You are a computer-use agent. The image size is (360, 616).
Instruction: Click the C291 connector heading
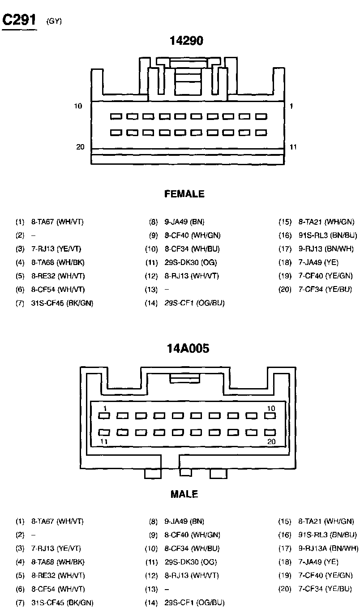(x=19, y=20)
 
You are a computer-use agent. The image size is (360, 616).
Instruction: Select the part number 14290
(x=186, y=41)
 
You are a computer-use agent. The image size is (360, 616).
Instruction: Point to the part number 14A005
(x=188, y=349)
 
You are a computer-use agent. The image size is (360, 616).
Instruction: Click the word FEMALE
(x=184, y=194)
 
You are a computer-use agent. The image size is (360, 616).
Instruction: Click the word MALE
(x=184, y=494)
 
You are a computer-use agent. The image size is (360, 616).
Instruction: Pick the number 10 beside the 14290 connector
(x=78, y=106)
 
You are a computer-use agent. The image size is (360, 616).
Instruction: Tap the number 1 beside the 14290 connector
(x=291, y=106)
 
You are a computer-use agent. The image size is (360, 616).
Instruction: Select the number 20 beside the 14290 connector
(x=80, y=147)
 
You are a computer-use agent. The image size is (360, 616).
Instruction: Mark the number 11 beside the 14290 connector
(x=293, y=147)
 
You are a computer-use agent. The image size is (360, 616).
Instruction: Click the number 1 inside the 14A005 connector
(x=105, y=408)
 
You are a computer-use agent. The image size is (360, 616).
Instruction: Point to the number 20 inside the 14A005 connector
(x=270, y=441)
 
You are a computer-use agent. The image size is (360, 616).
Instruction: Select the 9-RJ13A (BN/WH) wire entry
(x=328, y=548)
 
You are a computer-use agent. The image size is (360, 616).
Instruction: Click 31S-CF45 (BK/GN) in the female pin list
(x=62, y=303)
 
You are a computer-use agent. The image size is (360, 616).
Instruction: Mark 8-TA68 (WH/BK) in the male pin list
(x=58, y=561)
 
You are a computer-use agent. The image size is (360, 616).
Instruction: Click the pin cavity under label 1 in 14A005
(x=104, y=416)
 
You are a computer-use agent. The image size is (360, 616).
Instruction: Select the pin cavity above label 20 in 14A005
(x=270, y=433)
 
